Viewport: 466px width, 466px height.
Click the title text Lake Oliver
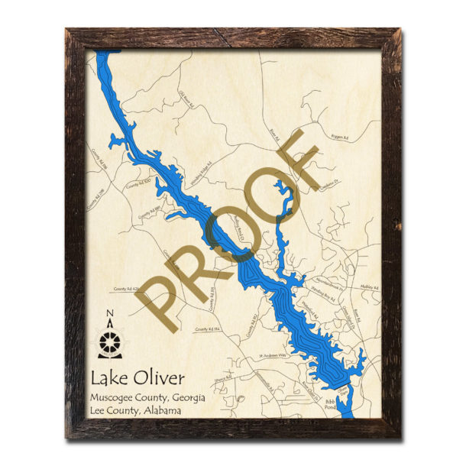pos(137,378)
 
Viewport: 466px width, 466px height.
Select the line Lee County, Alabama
pos(135,411)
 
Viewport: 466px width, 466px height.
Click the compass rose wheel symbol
pos(111,338)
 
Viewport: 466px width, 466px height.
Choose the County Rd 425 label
pos(127,290)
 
